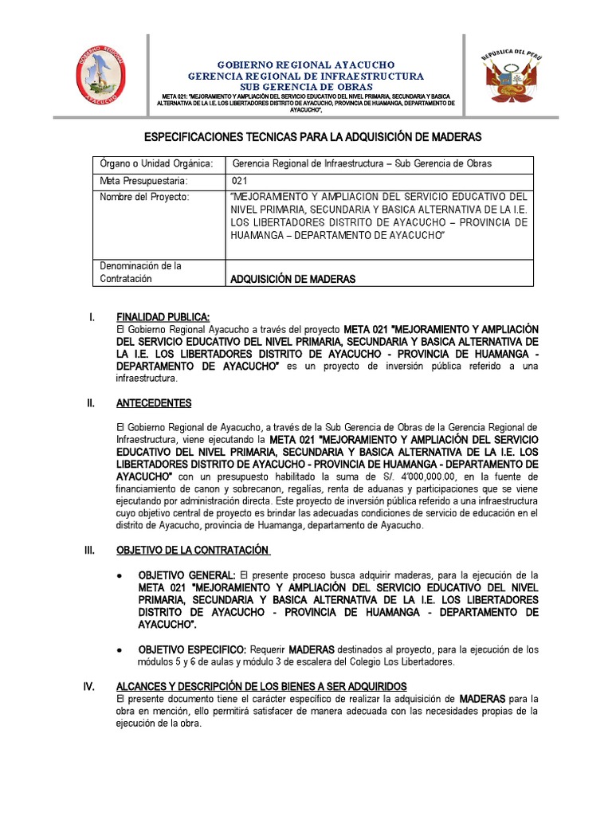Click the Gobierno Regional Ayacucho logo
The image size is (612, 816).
click(x=100, y=76)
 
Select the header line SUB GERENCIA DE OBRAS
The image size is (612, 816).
click(x=306, y=87)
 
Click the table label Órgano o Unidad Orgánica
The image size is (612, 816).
click(x=156, y=164)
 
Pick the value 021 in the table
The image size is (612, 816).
click(x=240, y=181)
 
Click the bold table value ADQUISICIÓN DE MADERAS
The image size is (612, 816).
click(x=292, y=279)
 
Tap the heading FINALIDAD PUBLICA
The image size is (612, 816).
click(x=163, y=317)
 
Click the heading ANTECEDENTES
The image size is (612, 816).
click(x=154, y=403)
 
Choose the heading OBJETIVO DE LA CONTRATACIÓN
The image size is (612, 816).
click(x=193, y=550)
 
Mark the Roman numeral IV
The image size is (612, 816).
click(x=90, y=686)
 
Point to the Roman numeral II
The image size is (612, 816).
click(x=91, y=403)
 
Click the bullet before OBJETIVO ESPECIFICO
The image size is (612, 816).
click(x=119, y=649)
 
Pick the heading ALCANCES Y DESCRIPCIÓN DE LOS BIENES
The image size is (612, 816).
click(x=261, y=686)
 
